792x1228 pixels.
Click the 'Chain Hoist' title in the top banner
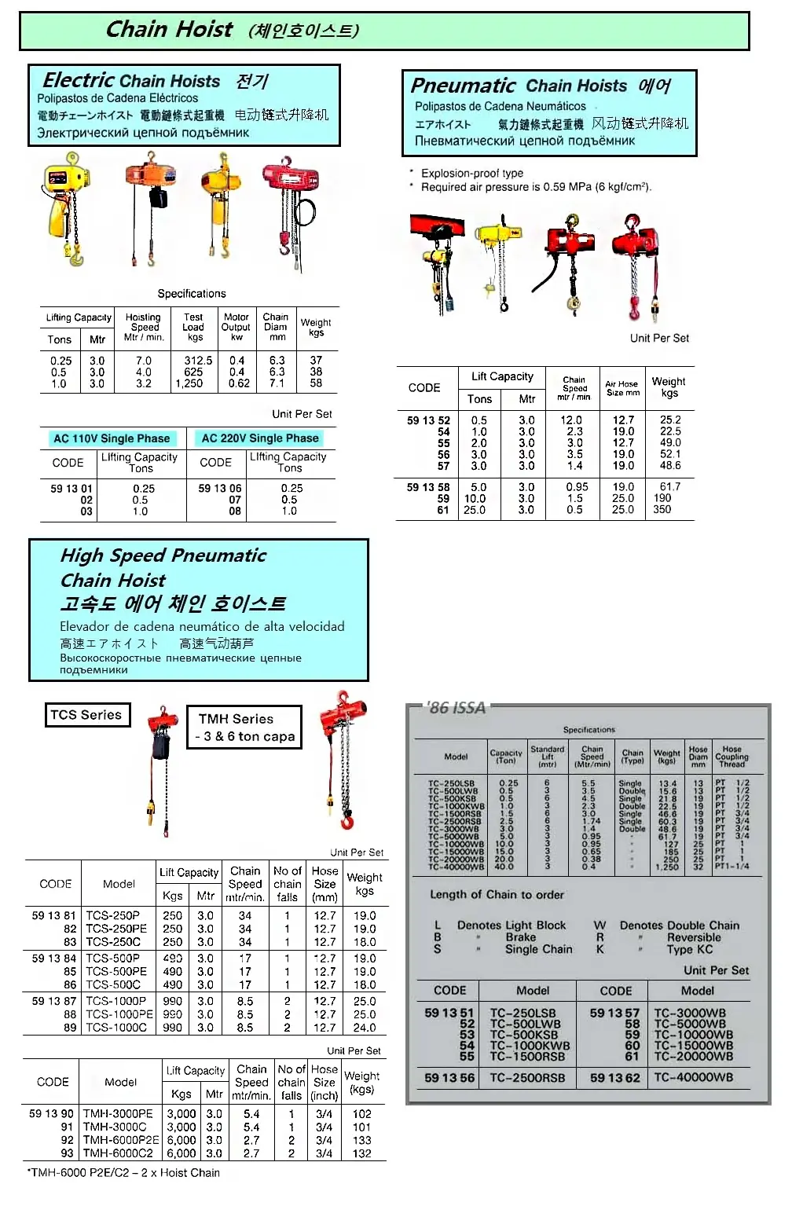click(x=169, y=30)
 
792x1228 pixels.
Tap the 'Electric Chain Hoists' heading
click(x=131, y=81)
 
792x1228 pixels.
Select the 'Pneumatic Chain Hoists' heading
click(x=519, y=86)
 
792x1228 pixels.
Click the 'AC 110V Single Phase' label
click(x=112, y=438)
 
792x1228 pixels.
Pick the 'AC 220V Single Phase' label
click(x=260, y=438)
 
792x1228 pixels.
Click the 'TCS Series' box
click(x=86, y=715)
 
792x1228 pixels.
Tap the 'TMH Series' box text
click(x=236, y=719)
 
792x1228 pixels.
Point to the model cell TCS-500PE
click(x=115, y=972)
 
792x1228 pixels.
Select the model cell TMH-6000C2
click(x=118, y=1153)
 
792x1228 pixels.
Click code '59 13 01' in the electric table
click(x=71, y=489)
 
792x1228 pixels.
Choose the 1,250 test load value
click(x=189, y=383)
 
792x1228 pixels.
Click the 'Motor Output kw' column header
click(x=236, y=327)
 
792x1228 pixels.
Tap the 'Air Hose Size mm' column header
click(x=622, y=388)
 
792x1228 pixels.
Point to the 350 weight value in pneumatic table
click(x=662, y=509)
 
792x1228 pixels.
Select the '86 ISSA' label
click(x=457, y=707)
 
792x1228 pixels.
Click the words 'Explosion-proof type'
click(x=471, y=173)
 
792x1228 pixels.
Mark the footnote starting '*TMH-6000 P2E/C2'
click(x=123, y=1173)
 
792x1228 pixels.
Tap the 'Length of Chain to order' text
click(x=497, y=894)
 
